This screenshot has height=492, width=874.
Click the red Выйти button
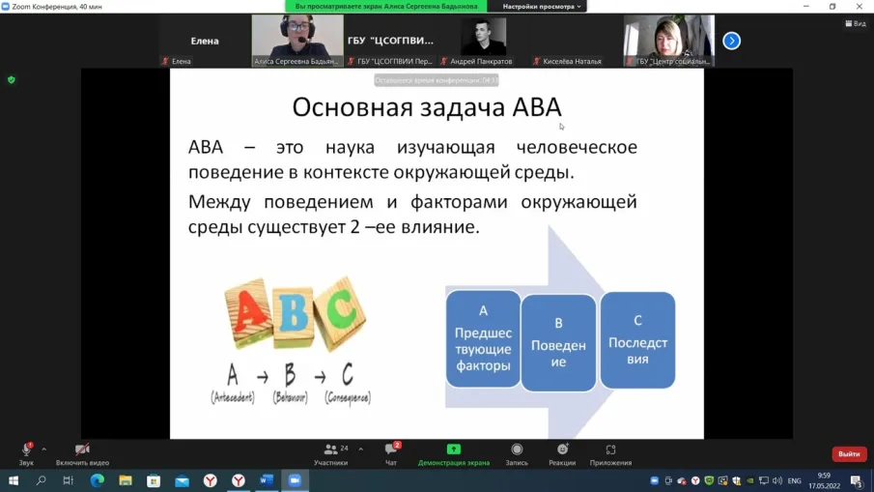(x=849, y=453)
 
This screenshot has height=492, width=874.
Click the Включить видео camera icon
(x=82, y=449)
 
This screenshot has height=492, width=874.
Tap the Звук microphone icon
(x=26, y=449)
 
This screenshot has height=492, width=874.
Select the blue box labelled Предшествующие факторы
(x=483, y=338)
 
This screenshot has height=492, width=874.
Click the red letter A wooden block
(x=248, y=314)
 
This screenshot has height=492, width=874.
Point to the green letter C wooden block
(x=340, y=311)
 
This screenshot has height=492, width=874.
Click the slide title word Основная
(x=338, y=106)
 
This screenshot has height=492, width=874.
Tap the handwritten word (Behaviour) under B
(x=290, y=397)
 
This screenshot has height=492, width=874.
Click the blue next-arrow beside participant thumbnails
(x=731, y=41)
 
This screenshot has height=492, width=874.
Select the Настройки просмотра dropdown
(x=544, y=7)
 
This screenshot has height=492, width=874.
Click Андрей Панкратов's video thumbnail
(x=483, y=39)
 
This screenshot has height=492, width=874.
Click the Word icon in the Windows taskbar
(x=267, y=480)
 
